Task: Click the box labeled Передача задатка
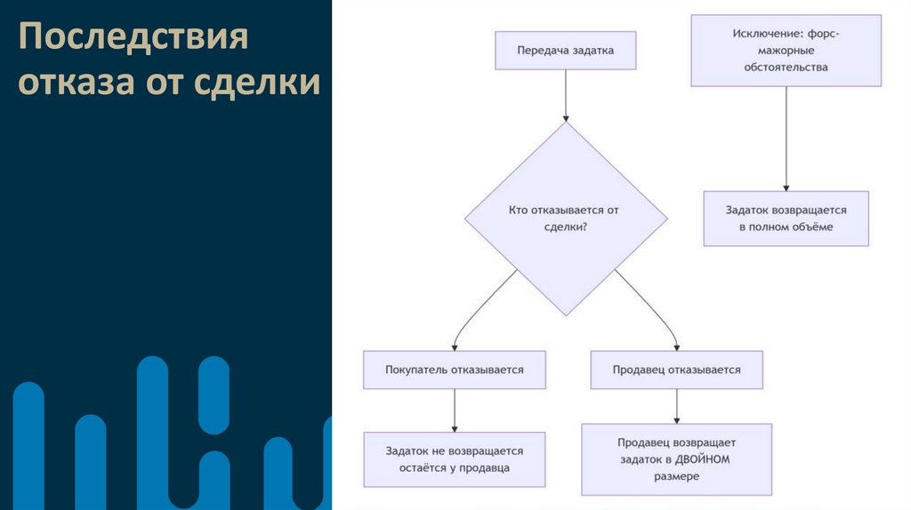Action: tap(566, 51)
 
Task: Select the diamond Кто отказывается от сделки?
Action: tap(566, 219)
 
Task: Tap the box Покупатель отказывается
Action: tap(454, 370)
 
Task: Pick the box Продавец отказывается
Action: tap(676, 370)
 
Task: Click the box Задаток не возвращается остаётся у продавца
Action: tap(454, 459)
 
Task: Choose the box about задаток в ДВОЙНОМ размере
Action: tap(676, 459)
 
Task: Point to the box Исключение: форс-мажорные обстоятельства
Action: tap(786, 51)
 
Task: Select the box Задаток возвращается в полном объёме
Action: tap(786, 219)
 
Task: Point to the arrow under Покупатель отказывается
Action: tap(455, 410)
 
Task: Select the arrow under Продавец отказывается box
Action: tap(677, 406)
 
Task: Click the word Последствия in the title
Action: tap(133, 40)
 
